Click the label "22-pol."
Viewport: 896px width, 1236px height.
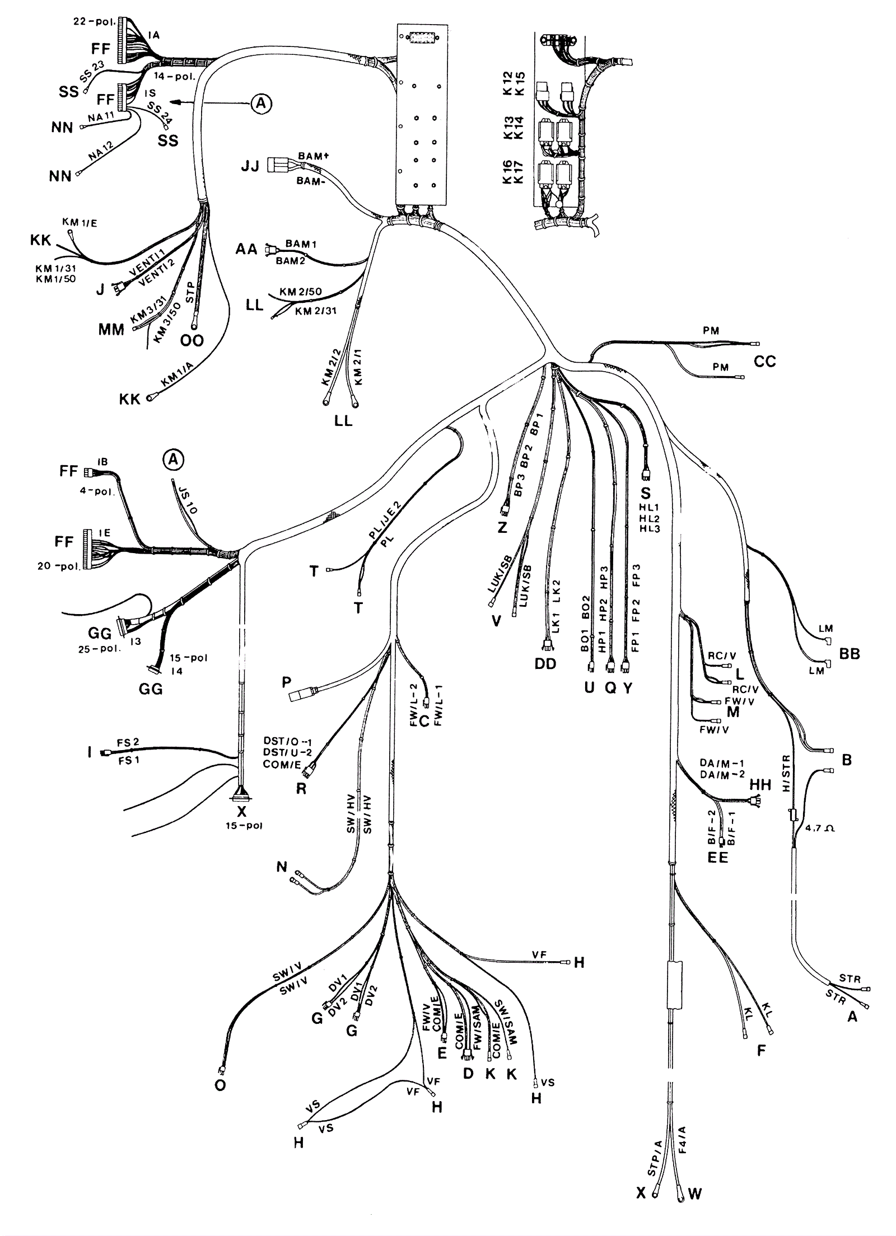pyautogui.click(x=94, y=22)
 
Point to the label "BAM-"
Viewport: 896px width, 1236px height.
pyautogui.click(x=312, y=181)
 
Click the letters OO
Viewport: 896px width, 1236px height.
pyautogui.click(x=192, y=340)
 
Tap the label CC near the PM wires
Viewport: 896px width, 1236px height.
pyautogui.click(x=764, y=361)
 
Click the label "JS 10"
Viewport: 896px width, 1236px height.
pyautogui.click(x=187, y=499)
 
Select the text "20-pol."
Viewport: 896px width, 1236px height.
pyautogui.click(x=58, y=565)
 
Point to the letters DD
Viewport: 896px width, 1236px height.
pyautogui.click(x=545, y=664)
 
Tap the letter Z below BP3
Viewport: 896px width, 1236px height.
pyautogui.click(x=502, y=527)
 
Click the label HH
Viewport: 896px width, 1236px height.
pyautogui.click(x=760, y=785)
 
